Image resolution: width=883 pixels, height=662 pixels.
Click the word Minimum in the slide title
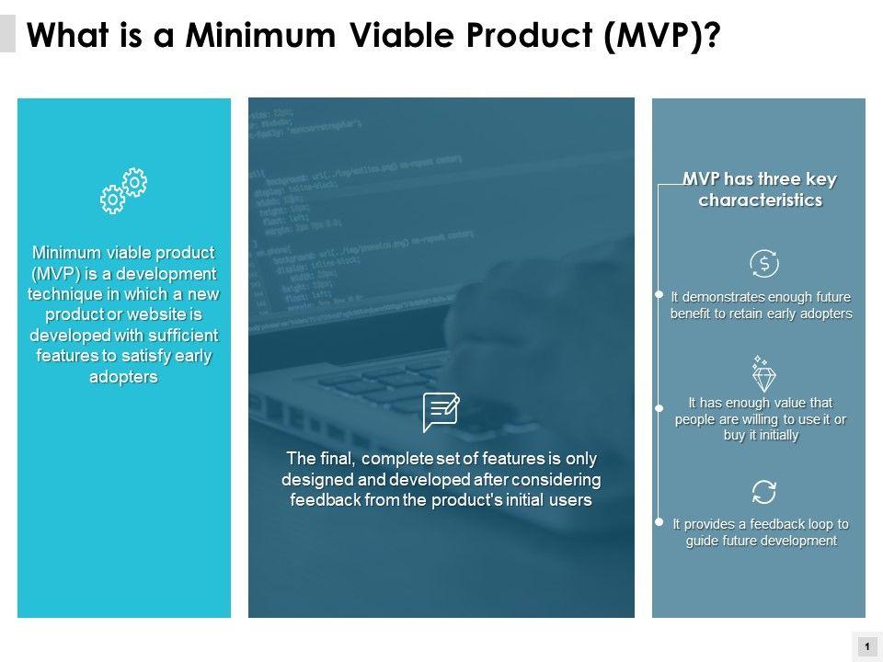[x=260, y=35]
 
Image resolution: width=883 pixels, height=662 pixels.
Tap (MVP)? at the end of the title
[x=662, y=36]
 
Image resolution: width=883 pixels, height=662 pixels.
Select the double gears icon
[x=123, y=190]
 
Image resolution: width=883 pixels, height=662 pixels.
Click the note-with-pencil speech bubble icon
[x=441, y=412]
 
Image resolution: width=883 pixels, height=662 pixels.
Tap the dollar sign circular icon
[x=764, y=264]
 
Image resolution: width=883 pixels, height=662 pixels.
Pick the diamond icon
[x=763, y=374]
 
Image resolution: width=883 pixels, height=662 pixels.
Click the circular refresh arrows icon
[x=764, y=492]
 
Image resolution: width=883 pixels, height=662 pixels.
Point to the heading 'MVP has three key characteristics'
[x=761, y=189]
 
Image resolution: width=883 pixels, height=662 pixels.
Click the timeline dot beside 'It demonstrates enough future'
[x=659, y=294]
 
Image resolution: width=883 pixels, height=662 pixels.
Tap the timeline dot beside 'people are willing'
[x=659, y=408]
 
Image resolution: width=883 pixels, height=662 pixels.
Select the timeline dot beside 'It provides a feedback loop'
[x=659, y=522]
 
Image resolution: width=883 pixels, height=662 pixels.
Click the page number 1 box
[x=867, y=646]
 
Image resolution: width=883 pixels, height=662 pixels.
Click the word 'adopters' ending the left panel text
[x=123, y=376]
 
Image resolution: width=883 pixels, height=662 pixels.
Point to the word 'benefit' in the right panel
[x=691, y=314]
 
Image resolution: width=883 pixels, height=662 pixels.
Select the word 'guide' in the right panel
[x=701, y=541]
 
